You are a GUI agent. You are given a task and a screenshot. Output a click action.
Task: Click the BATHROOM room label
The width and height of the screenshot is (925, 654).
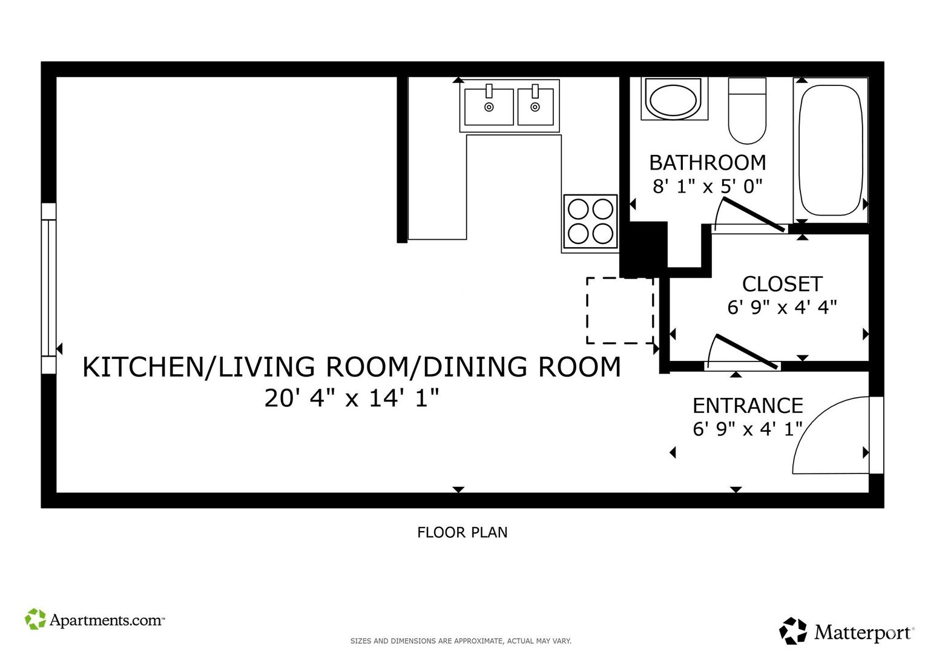click(x=708, y=163)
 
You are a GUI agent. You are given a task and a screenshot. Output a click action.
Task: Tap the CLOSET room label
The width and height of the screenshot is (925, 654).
click(x=782, y=284)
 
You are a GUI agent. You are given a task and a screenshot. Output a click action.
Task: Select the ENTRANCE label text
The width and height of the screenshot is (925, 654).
click(x=748, y=406)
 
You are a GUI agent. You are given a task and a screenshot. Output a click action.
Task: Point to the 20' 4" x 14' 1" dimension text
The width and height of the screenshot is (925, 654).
click(x=352, y=398)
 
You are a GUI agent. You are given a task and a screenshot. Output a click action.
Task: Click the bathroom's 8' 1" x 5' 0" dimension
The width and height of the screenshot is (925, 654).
click(x=707, y=187)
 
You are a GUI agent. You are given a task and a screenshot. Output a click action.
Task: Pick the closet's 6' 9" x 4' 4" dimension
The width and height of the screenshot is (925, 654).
click(x=782, y=308)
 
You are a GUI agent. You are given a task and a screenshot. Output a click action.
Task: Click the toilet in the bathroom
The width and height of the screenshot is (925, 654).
click(x=748, y=111)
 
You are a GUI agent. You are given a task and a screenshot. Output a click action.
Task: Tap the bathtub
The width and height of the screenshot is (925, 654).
click(x=831, y=150)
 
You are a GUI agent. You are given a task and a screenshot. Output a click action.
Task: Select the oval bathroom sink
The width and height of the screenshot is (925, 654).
click(x=674, y=99)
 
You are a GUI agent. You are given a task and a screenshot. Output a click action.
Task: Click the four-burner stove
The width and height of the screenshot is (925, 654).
click(x=590, y=223)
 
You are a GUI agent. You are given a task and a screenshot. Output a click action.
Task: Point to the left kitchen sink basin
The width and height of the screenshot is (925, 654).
click(x=489, y=107)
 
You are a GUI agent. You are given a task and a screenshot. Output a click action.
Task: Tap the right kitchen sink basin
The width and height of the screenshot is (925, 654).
click(x=536, y=107)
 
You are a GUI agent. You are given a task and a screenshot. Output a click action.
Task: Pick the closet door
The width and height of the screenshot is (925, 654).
click(x=746, y=352)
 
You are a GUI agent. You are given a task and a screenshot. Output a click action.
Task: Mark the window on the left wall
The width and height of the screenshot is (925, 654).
click(x=48, y=288)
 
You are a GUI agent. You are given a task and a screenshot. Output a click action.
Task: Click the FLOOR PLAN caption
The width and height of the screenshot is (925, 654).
click(x=462, y=532)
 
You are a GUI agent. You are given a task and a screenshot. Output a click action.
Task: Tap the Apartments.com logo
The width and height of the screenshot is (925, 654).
click(x=95, y=619)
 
